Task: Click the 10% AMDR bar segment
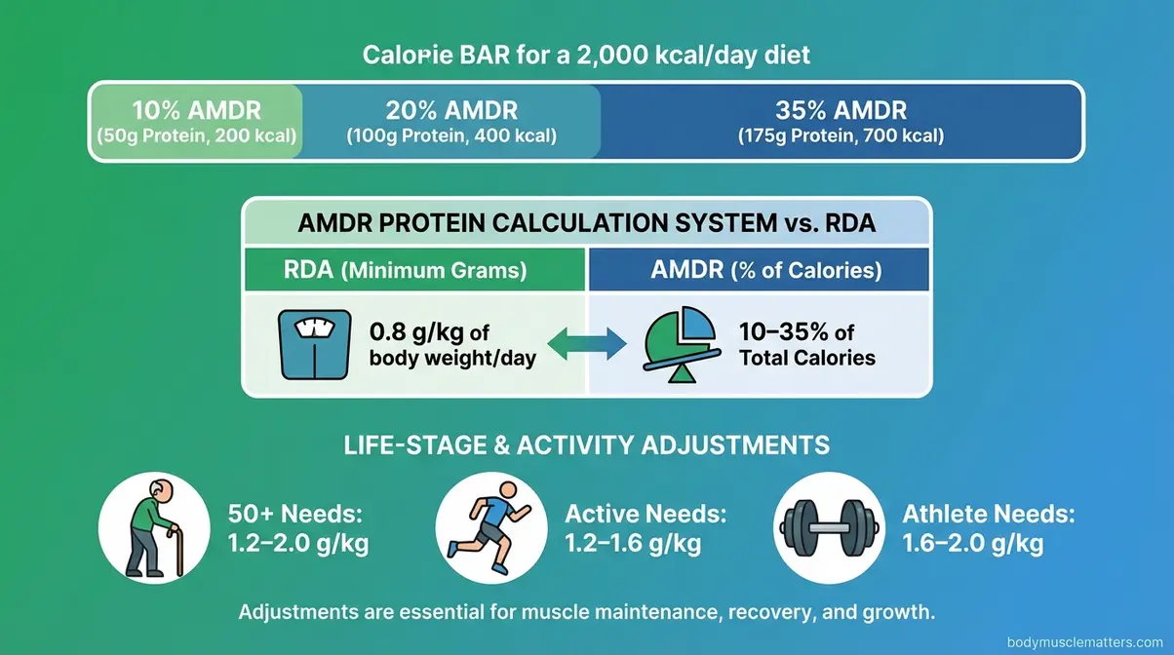point(196,121)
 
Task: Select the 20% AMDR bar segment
point(451,121)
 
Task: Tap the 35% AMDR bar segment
point(841,121)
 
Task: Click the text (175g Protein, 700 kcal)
point(841,136)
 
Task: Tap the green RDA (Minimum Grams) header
point(414,270)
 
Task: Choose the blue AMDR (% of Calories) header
point(759,270)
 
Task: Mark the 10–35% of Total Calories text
point(806,344)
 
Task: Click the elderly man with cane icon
point(154,527)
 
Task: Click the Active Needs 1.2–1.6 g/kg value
point(633,544)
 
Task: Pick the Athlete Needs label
point(987,514)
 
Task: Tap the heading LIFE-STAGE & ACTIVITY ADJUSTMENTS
point(587,445)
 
